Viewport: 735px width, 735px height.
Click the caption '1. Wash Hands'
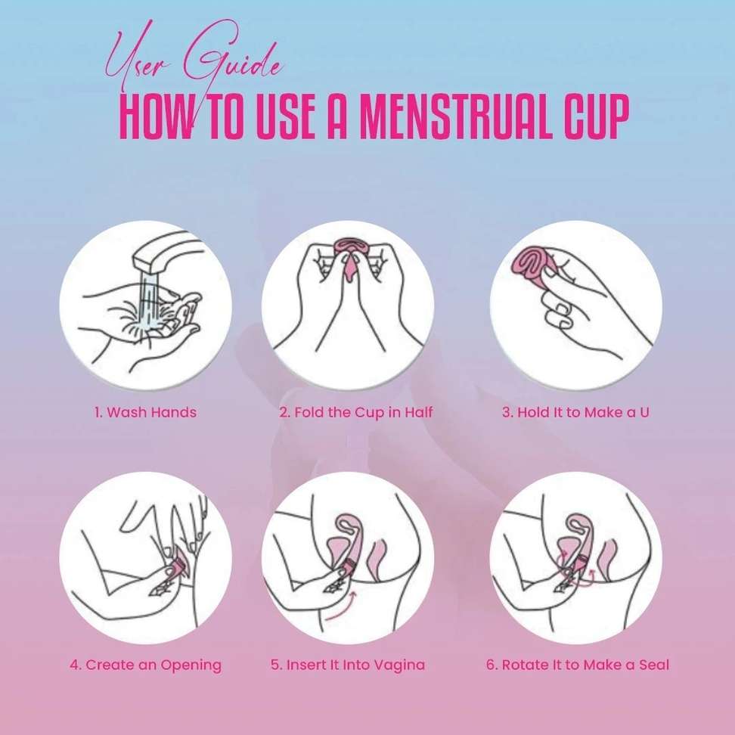(145, 413)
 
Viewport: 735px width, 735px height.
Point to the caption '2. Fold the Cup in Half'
(356, 413)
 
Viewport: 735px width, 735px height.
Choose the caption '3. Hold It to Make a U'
(576, 413)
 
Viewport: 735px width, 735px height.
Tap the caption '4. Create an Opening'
(145, 665)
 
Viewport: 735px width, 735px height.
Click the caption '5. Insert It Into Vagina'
(348, 665)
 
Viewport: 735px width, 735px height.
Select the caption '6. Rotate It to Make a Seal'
(578, 665)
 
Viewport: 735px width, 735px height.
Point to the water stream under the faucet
(149, 300)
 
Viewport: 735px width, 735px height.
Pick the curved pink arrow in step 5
(341, 608)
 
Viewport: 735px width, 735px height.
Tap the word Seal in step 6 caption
(653, 665)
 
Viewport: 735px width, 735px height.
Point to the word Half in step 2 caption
(419, 412)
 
